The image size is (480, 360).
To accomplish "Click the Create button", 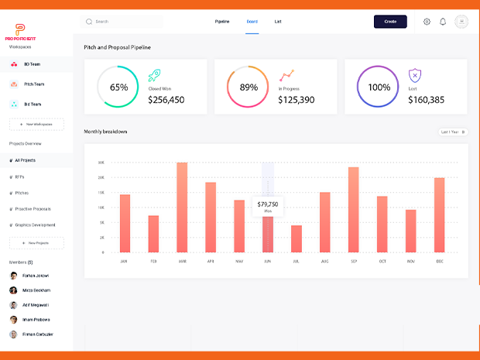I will [390, 22].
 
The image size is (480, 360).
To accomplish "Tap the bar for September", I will [353, 210].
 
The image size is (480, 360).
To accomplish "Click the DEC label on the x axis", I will [440, 262].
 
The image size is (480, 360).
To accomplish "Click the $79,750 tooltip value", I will [268, 204].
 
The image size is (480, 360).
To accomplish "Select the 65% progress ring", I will [118, 87].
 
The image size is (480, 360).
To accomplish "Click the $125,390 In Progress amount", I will [297, 100].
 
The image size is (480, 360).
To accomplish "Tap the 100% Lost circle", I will [379, 87].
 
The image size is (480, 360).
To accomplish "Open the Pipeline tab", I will [222, 22].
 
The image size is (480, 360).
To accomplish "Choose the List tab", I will [278, 22].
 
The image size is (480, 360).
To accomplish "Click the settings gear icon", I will [427, 22].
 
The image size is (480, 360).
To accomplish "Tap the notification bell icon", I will [443, 22].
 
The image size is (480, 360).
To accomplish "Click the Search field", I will [124, 22].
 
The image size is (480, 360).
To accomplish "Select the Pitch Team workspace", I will [34, 84].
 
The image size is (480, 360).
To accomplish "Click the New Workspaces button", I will [36, 124].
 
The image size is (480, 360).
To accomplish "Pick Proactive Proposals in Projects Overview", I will [33, 209].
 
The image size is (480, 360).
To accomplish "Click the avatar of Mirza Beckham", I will [14, 290].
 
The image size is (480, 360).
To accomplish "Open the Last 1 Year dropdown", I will [453, 132].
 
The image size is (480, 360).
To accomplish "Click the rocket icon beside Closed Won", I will [154, 76].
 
